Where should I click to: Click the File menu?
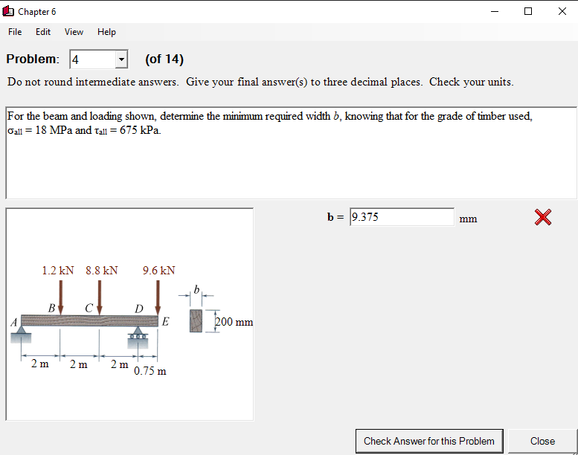point(15,32)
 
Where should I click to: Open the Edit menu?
point(43,32)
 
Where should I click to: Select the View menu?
point(74,32)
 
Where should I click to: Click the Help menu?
point(106,32)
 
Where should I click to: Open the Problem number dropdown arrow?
point(121,59)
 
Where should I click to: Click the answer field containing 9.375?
point(402,217)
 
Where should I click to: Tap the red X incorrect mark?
point(543,217)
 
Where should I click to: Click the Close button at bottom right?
point(542,441)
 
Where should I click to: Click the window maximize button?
point(528,11)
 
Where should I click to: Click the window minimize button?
point(495,11)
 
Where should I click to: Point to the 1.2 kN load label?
point(57,271)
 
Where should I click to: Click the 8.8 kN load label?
point(101,271)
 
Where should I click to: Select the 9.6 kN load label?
point(158,271)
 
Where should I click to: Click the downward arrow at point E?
point(158,297)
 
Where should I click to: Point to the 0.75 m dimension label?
point(150,371)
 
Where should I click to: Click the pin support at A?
point(22,335)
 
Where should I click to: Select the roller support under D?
point(139,335)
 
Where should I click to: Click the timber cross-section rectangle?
point(196,320)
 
